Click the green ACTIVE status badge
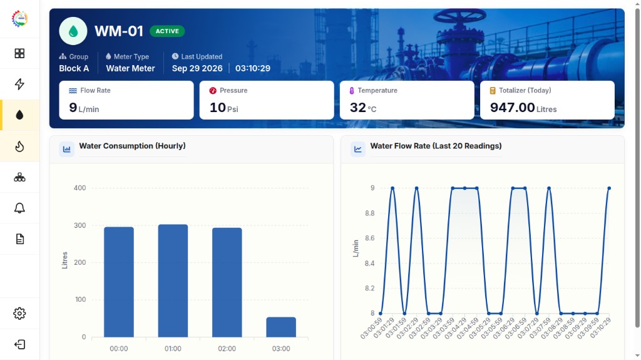click(167, 31)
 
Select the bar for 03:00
click(281, 327)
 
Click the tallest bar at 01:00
click(173, 280)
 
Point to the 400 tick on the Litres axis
click(79, 188)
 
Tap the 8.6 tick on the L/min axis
click(369, 238)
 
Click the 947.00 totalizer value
click(512, 108)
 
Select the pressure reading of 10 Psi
click(223, 108)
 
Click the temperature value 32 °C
click(363, 108)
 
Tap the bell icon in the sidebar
click(19, 208)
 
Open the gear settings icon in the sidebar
click(19, 314)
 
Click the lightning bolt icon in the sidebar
click(19, 84)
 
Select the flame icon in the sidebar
click(19, 147)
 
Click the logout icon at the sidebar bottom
click(19, 344)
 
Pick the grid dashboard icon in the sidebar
click(19, 53)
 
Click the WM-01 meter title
click(119, 31)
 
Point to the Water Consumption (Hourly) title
click(132, 146)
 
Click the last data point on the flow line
click(609, 188)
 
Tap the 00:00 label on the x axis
click(119, 349)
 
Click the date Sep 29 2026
click(197, 68)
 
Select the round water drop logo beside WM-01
click(73, 31)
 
